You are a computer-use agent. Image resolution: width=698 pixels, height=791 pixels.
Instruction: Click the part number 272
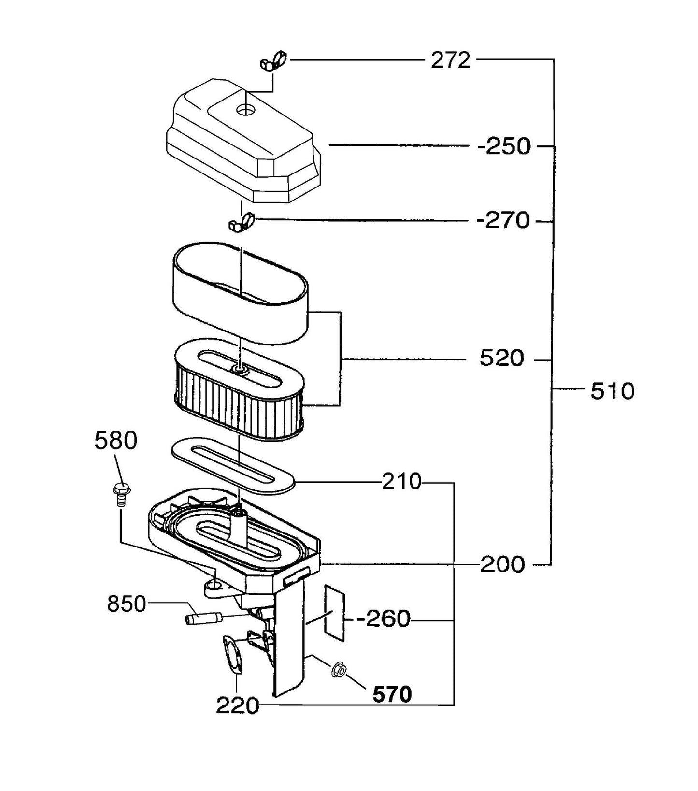[450, 60]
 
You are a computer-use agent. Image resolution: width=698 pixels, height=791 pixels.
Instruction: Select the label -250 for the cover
[504, 146]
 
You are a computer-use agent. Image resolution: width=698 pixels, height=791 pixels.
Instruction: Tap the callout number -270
[503, 221]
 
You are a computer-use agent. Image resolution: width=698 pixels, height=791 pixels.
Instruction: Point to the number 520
[501, 359]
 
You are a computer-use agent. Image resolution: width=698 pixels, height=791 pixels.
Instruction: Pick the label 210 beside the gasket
[401, 482]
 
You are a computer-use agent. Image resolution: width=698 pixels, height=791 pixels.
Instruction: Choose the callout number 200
[502, 564]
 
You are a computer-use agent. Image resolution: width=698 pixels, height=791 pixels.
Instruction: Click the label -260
[384, 619]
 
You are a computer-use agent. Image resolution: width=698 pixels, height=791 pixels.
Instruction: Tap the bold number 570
[392, 695]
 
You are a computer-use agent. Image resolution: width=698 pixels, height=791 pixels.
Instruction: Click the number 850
[127, 604]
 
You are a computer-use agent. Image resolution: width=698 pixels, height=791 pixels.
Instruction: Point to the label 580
[116, 441]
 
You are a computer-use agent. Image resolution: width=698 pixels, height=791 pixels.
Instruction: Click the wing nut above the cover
[273, 61]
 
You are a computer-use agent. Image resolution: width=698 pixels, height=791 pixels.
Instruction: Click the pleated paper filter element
[239, 403]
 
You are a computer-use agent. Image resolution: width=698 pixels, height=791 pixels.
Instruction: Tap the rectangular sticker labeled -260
[334, 611]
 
